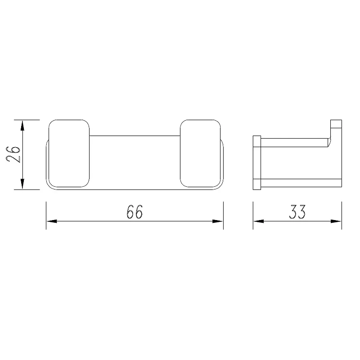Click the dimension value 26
click(14, 154)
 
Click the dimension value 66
click(135, 211)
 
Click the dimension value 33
click(297, 211)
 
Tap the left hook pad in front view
click(69, 153)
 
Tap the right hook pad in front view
click(200, 153)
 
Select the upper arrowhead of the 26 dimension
click(22, 126)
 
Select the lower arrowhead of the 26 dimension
click(22, 184)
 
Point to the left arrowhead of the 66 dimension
click(52, 221)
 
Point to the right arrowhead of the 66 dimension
click(218, 221)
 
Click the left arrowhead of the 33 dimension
click(258, 221)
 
